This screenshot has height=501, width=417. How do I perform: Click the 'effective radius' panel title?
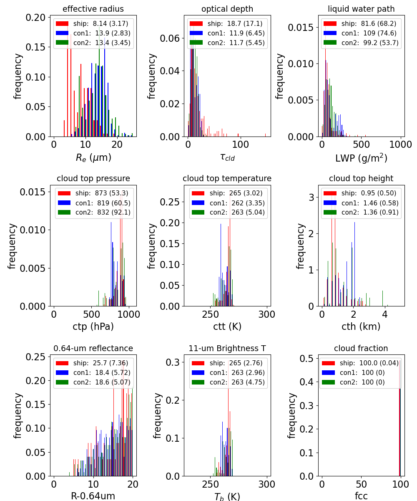(93, 9)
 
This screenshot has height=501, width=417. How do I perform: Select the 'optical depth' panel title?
(227, 9)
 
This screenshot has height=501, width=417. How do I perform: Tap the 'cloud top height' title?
(361, 179)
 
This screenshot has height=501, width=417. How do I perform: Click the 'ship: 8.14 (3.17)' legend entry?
(93, 24)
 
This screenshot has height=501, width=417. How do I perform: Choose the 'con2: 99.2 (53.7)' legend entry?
(361, 42)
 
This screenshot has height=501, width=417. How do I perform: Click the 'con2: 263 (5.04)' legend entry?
(228, 212)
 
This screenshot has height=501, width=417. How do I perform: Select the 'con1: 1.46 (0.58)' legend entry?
(361, 203)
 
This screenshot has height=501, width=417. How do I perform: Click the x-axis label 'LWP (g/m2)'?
(361, 158)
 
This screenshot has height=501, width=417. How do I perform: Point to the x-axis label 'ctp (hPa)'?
(93, 326)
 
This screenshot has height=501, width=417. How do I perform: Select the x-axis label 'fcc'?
(361, 496)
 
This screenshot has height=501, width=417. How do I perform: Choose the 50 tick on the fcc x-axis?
(361, 484)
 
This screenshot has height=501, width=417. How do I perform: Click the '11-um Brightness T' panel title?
(227, 349)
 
